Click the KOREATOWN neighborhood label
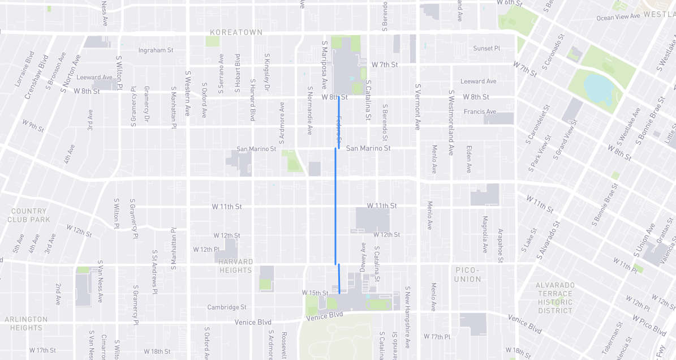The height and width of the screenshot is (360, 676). click(236, 32)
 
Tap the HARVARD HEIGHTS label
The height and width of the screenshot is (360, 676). click(235, 266)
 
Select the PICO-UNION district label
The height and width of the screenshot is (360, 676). click(467, 275)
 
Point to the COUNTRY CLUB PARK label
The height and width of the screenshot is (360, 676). click(29, 215)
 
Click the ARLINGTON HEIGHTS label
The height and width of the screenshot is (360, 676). click(26, 323)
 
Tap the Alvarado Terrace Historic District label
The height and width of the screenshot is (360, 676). click(556, 298)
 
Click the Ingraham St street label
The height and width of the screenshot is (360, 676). click(156, 50)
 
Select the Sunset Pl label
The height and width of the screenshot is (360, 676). click(486, 49)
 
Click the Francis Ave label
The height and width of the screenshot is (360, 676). click(480, 112)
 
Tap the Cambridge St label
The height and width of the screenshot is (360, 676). click(227, 307)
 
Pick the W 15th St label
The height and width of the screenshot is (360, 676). click(316, 293)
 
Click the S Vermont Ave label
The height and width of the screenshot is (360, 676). click(418, 107)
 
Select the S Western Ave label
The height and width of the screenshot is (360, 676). click(188, 93)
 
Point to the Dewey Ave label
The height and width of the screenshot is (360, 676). click(363, 257)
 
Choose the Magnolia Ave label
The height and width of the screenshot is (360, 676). click(485, 234)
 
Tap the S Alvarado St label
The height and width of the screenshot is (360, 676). click(548, 241)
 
